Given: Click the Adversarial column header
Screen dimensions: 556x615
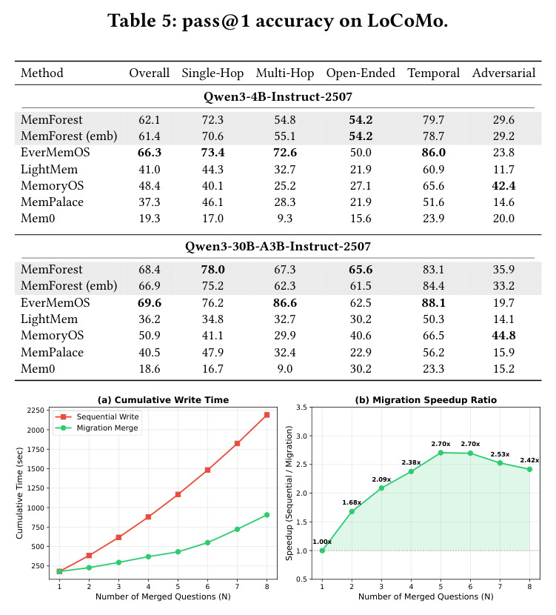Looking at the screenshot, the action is pyautogui.click(x=503, y=73).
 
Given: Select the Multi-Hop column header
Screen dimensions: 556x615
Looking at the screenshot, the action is pyautogui.click(x=285, y=73).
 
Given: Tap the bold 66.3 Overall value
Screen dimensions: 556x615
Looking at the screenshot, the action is pyautogui.click(x=150, y=153).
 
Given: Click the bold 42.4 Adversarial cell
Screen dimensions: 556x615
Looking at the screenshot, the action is pyautogui.click(x=503, y=185).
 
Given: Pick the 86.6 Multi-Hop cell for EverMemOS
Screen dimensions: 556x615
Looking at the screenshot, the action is pyautogui.click(x=285, y=303).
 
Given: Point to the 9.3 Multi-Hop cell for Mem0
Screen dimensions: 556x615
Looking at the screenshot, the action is pyautogui.click(x=285, y=219).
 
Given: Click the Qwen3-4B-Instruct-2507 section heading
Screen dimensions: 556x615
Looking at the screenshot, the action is pyautogui.click(x=278, y=97).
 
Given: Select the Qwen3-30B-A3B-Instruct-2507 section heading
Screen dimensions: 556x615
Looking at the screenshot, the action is pyautogui.click(x=278, y=246).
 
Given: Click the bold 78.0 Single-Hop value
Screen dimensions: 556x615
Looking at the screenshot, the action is pyautogui.click(x=212, y=270).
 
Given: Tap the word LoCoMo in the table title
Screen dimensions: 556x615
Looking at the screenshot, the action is pyautogui.click(x=407, y=21).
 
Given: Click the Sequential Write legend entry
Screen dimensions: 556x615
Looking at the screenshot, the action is pyautogui.click(x=96, y=416).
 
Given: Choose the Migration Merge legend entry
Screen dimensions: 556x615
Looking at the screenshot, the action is pyautogui.click(x=96, y=428).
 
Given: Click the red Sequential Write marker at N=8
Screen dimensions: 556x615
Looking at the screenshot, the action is pyautogui.click(x=267, y=415).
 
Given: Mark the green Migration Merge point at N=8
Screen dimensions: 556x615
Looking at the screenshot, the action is pyautogui.click(x=267, y=514).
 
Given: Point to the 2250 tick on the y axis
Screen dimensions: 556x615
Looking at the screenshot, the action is pyautogui.click(x=36, y=410).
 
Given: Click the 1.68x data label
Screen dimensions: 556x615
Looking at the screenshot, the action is pyautogui.click(x=352, y=502).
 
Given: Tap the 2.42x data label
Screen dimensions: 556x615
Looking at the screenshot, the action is pyautogui.click(x=529, y=460).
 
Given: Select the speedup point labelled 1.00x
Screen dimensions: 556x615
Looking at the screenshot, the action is pyautogui.click(x=322, y=551).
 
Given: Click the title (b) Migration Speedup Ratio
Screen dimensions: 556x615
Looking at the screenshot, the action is pyautogui.click(x=426, y=400).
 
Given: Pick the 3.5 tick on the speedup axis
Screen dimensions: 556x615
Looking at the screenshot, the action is pyautogui.click(x=301, y=407).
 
